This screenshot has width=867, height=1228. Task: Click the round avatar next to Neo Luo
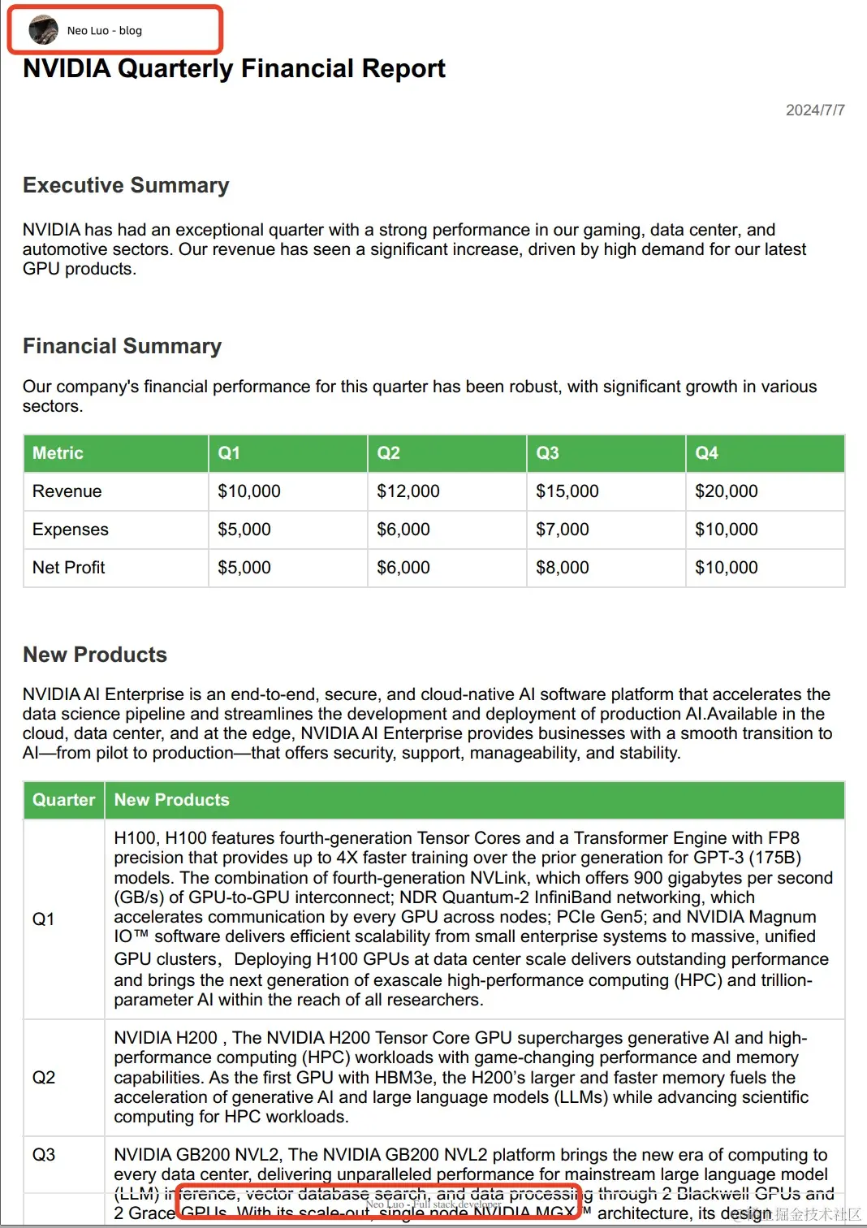[x=43, y=30]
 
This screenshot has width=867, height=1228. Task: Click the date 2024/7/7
[x=814, y=110]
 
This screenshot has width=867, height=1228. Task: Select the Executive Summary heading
[x=126, y=185]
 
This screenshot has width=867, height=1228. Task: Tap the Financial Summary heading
[x=122, y=346]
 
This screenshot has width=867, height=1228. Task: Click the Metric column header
[x=58, y=453]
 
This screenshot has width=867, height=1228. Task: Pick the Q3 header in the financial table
[x=548, y=453]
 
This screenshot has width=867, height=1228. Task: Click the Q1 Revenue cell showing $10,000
[x=249, y=491]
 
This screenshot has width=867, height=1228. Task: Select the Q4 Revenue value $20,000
[x=727, y=491]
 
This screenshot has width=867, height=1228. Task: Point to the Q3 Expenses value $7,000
[x=563, y=530]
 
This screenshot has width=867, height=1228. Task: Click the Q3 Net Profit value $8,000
[x=563, y=568]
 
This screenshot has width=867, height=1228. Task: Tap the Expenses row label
[x=71, y=530]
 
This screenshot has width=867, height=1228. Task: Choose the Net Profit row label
[x=69, y=568]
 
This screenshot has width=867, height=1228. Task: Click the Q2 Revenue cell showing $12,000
[x=408, y=491]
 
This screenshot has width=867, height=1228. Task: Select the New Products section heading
[x=95, y=655]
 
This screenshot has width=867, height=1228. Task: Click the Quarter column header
[x=64, y=800]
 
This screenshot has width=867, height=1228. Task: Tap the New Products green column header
[x=172, y=800]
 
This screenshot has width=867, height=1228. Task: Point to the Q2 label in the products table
[x=44, y=1078]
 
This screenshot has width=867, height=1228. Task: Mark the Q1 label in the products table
[x=44, y=919]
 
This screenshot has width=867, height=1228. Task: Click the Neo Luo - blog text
[x=105, y=31]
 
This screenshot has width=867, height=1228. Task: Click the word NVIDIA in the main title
[x=67, y=69]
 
